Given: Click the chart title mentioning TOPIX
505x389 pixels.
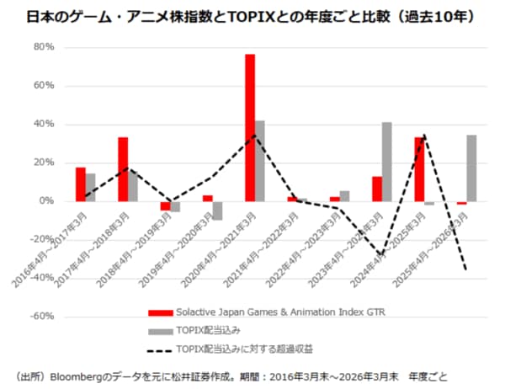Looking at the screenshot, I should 252,16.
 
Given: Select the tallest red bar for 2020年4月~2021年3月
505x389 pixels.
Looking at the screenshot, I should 250,127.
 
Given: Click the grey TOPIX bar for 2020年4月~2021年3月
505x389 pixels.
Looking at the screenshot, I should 260,161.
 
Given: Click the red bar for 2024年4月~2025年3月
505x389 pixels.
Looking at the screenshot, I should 419,169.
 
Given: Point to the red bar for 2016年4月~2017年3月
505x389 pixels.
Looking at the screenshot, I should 81,184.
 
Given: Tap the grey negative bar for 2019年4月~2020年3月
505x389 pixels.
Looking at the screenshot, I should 217,210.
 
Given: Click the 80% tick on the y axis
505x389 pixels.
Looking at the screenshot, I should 44,47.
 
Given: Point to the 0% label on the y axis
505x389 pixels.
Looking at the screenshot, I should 47,201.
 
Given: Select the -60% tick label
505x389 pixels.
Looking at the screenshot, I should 42,317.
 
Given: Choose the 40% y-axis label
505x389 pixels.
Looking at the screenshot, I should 44,125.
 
